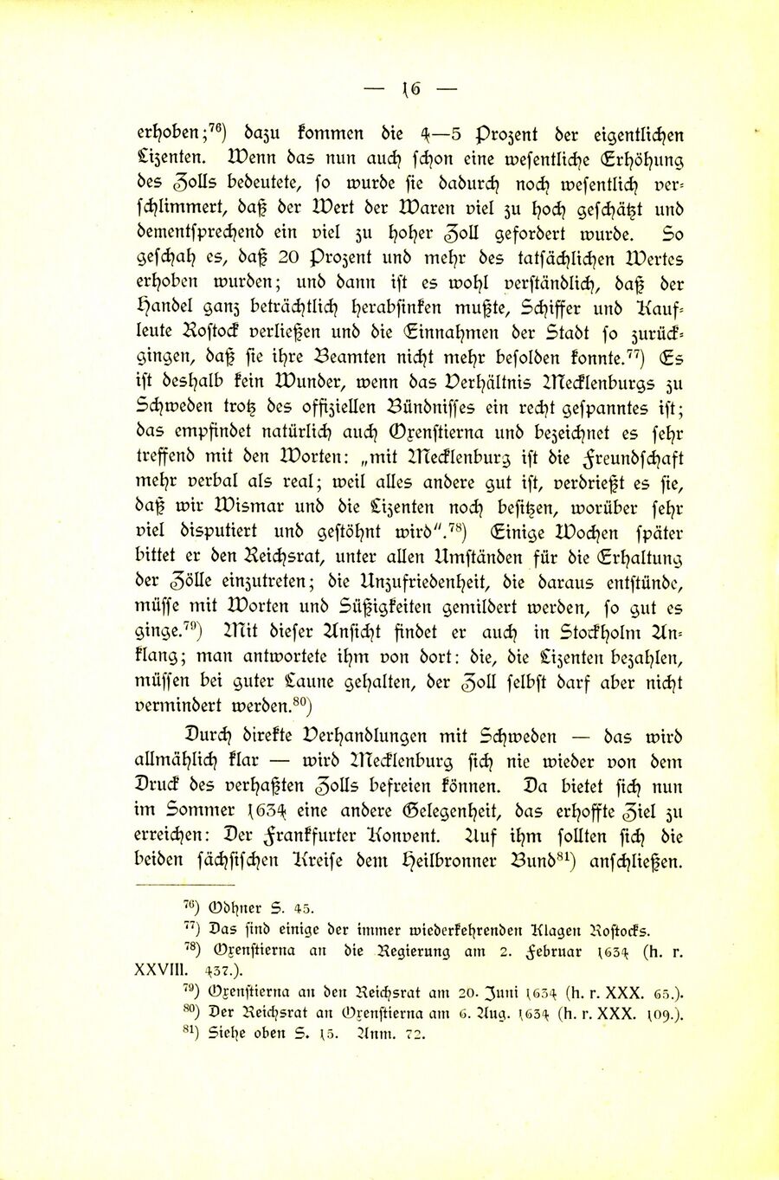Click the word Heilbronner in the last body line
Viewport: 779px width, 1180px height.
click(x=377, y=862)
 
